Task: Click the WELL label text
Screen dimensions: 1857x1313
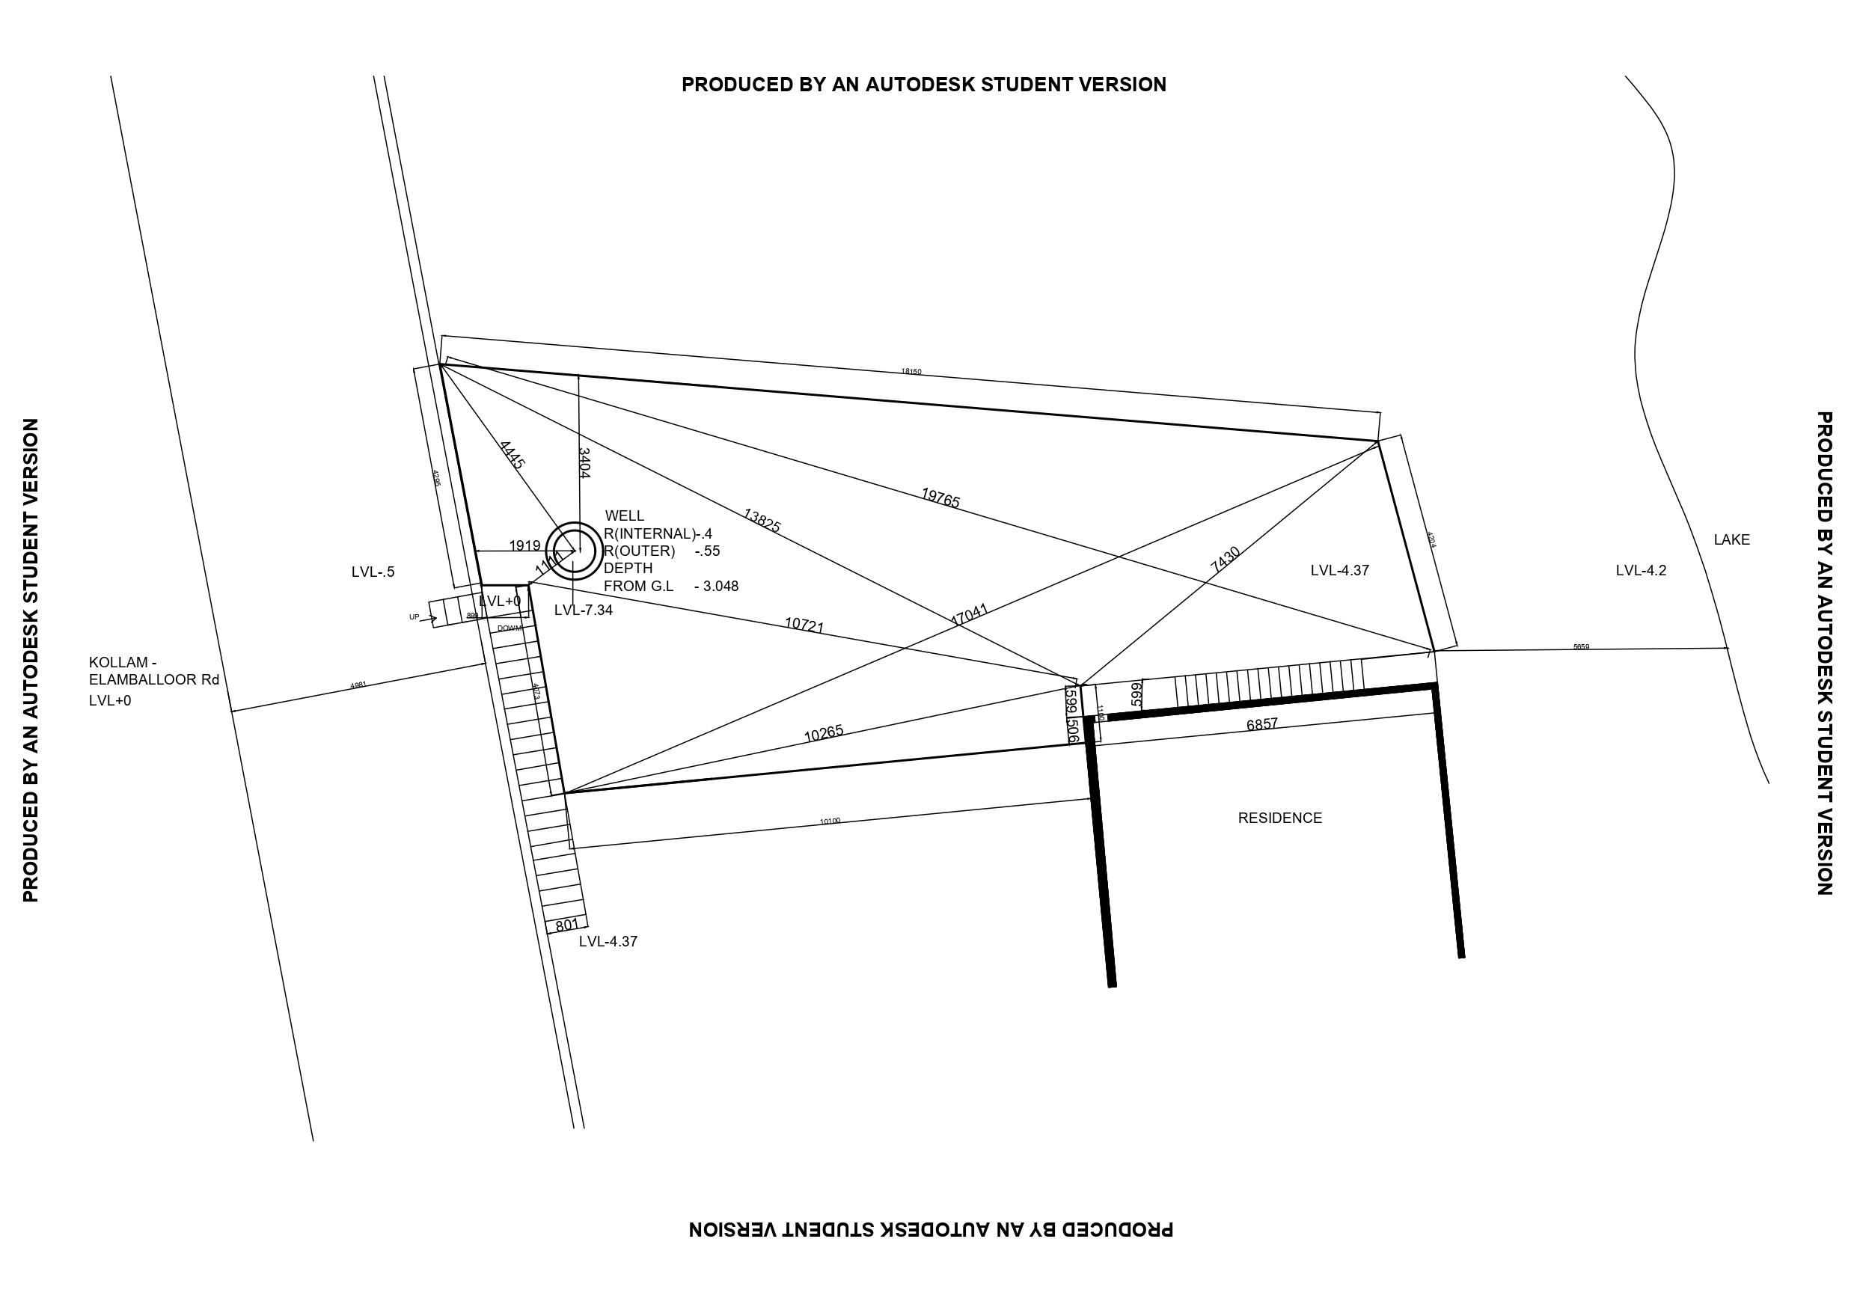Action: [625, 516]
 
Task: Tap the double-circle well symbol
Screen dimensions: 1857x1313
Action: [575, 551]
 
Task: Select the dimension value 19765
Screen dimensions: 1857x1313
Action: [940, 498]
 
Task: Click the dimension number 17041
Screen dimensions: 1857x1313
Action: [969, 615]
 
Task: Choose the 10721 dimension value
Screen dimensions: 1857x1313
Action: [804, 625]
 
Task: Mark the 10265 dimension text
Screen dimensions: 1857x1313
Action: [823, 733]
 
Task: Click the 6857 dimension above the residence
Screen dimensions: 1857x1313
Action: [1261, 724]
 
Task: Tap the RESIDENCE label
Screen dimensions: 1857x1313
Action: [1279, 818]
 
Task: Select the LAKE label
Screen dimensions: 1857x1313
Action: [1731, 539]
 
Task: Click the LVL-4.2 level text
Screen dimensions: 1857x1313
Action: [1640, 570]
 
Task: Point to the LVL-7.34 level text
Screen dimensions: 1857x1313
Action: [583, 610]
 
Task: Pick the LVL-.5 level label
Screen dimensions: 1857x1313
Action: [373, 572]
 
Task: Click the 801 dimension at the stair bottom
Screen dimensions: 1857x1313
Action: [567, 924]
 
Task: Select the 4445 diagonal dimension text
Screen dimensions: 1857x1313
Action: [512, 455]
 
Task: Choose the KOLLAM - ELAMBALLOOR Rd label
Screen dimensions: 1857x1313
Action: [153, 672]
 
